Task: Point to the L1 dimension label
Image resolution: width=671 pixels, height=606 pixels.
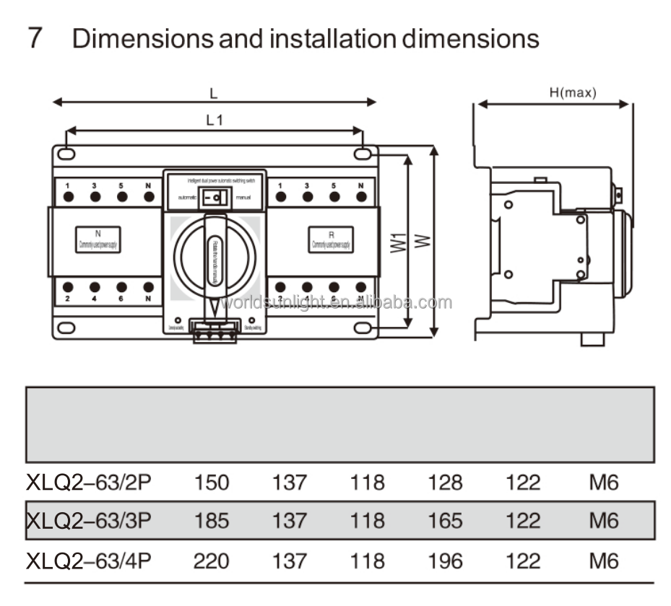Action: [215, 120]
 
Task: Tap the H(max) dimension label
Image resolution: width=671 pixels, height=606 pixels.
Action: [573, 93]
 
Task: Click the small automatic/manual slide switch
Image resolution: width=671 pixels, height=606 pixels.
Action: [215, 196]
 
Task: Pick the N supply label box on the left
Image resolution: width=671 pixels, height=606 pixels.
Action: [98, 240]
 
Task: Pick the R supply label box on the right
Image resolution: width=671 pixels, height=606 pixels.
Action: [331, 240]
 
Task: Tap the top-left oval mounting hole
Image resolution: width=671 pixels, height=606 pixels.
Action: [65, 154]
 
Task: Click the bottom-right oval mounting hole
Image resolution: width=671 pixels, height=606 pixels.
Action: [363, 328]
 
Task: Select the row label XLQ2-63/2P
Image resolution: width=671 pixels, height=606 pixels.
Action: [89, 482]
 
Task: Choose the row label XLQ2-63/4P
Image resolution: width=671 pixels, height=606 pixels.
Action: [89, 560]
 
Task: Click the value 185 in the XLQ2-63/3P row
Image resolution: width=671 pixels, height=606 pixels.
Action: [211, 520]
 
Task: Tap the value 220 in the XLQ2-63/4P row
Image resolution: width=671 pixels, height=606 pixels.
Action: [211, 560]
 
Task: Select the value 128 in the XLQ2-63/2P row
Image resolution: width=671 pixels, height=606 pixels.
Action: [445, 482]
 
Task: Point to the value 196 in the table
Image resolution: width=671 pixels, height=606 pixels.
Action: [445, 560]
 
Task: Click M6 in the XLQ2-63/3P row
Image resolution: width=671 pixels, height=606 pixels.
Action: [604, 520]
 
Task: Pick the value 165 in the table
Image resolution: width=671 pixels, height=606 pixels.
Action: [445, 520]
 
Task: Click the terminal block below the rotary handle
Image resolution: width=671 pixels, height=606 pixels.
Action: [215, 331]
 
